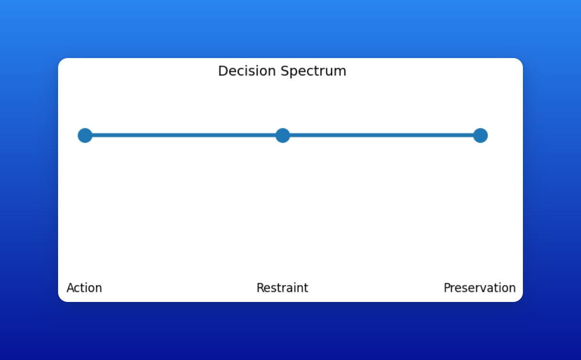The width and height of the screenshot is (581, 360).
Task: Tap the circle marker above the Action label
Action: pos(85,135)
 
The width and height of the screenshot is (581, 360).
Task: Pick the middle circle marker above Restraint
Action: pos(283,135)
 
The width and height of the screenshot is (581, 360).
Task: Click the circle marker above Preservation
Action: pos(480,135)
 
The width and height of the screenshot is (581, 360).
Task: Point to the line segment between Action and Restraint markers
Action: pos(184,135)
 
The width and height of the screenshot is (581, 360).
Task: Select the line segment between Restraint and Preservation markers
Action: pos(382,135)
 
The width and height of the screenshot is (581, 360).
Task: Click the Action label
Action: pos(84,288)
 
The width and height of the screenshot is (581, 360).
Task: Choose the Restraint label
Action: pos(282,288)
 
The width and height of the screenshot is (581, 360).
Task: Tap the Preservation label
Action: pos(480,288)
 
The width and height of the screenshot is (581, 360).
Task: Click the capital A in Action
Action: pos(70,288)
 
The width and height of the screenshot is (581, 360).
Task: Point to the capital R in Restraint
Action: pos(260,288)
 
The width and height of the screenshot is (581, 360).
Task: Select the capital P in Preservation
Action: pos(447,288)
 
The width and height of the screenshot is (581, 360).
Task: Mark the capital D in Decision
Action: pos(222,71)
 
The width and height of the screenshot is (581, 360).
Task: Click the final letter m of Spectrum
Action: pos(342,72)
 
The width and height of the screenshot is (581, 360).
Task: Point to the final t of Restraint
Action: pos(306,288)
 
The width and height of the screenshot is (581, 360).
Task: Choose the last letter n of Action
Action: pos(99,288)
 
